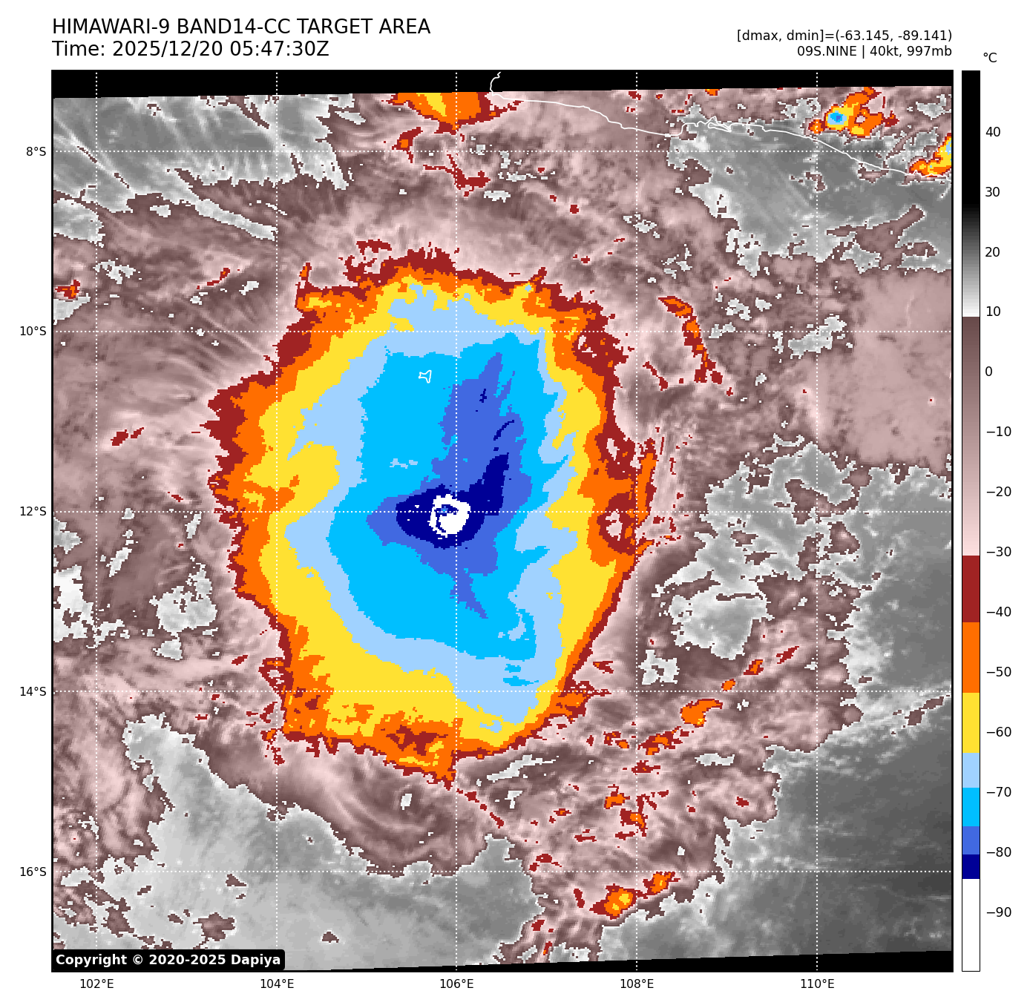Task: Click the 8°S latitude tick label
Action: click(x=36, y=152)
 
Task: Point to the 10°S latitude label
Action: click(x=33, y=332)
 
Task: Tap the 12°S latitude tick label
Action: click(x=33, y=512)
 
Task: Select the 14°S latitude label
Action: click(x=33, y=692)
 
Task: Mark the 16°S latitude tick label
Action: click(x=33, y=872)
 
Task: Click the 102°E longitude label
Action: click(x=96, y=984)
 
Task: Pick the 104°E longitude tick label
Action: click(x=277, y=984)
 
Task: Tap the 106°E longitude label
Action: click(x=456, y=984)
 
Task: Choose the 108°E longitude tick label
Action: click(x=637, y=984)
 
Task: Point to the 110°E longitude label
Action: click(x=817, y=984)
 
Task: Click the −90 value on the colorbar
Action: click(x=998, y=912)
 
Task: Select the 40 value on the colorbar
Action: click(x=993, y=133)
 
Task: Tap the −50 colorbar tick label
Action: click(x=998, y=673)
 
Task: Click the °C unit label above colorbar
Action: click(x=990, y=58)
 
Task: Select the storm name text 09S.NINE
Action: click(x=826, y=51)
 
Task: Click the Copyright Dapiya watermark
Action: click(x=168, y=960)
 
